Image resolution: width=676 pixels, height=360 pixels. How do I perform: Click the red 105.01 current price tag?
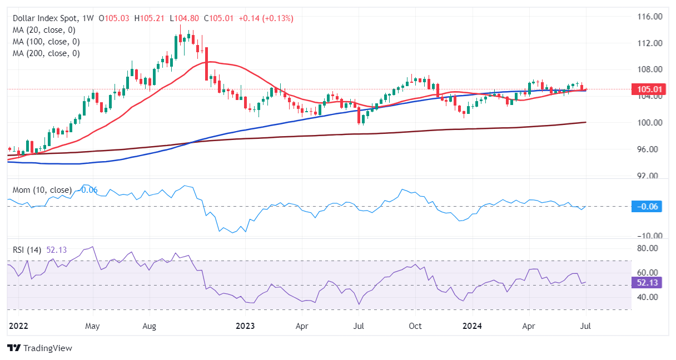click(648, 89)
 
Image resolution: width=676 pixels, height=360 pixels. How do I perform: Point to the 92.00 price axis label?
click(648, 176)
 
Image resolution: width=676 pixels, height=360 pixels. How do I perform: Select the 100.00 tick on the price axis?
click(648, 123)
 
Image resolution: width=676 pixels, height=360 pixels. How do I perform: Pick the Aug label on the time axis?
click(148, 326)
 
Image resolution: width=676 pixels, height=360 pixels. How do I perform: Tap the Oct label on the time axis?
click(415, 326)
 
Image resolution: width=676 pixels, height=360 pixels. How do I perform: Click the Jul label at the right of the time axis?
click(586, 326)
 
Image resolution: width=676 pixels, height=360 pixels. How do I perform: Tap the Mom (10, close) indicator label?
click(42, 190)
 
